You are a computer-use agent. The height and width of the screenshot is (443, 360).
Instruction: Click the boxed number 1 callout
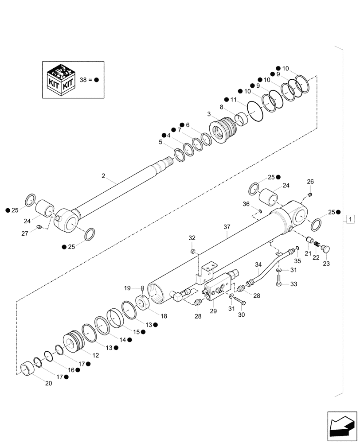pos(351,219)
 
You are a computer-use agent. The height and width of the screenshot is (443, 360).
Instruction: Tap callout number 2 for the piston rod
pos(103,176)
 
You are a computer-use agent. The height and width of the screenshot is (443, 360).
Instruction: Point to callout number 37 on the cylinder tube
pos(227,227)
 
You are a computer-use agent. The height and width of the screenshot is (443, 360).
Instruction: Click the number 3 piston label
pos(209,114)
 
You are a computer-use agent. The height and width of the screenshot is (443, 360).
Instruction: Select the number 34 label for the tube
pos(259,265)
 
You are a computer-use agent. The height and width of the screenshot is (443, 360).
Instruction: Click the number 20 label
pos(48,383)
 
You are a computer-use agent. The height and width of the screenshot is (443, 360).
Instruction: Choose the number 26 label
pos(310,181)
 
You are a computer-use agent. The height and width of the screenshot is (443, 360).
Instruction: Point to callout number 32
pos(192,238)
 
